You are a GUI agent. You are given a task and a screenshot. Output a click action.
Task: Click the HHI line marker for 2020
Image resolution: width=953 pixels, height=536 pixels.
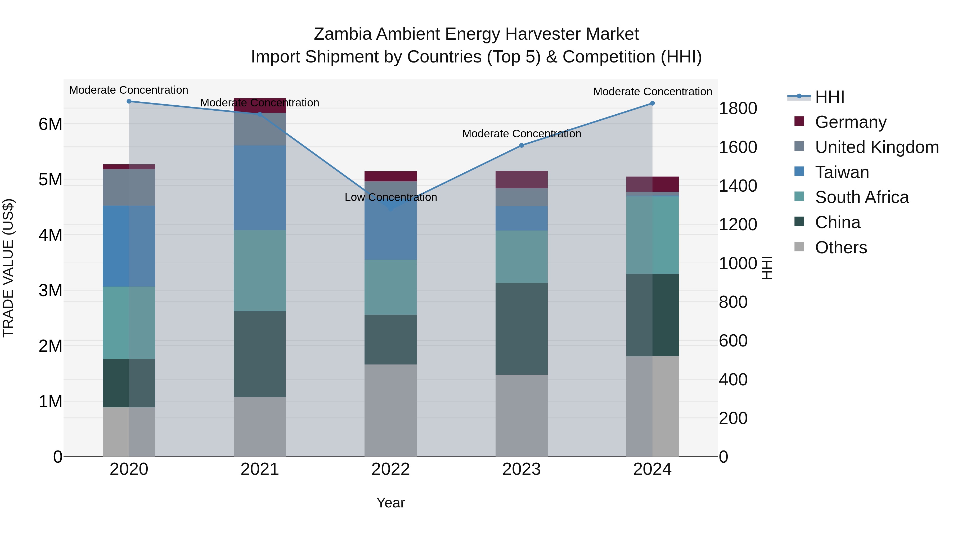[129, 101]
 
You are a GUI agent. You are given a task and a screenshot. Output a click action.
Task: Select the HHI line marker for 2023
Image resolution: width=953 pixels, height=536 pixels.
[522, 145]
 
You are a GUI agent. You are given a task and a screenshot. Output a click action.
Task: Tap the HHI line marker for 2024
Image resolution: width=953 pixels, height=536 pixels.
[652, 103]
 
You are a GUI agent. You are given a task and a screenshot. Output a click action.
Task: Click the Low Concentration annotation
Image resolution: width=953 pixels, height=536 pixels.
[391, 197]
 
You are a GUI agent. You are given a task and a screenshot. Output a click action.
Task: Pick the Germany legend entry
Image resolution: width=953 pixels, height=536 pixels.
[851, 122]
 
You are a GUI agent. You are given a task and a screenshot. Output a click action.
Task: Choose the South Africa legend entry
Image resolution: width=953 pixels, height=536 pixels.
[862, 197]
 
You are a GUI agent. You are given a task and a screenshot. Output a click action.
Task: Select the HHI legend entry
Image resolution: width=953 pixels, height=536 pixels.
[829, 97]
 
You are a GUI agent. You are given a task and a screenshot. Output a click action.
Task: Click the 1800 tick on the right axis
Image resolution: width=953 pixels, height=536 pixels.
[738, 108]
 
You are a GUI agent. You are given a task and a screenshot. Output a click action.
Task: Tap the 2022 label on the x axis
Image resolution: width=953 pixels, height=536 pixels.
[391, 469]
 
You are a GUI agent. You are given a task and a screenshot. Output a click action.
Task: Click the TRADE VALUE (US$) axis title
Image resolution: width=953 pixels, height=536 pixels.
[8, 268]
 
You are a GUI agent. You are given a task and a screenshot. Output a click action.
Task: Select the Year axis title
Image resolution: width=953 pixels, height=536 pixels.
[391, 503]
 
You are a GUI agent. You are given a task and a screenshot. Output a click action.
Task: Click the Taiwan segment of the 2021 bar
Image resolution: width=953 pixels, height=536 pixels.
[260, 188]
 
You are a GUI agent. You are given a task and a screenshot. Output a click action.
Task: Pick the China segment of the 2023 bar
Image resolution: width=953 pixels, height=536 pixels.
[522, 329]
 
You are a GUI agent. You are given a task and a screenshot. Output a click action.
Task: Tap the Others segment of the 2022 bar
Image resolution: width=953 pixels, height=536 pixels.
[391, 410]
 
